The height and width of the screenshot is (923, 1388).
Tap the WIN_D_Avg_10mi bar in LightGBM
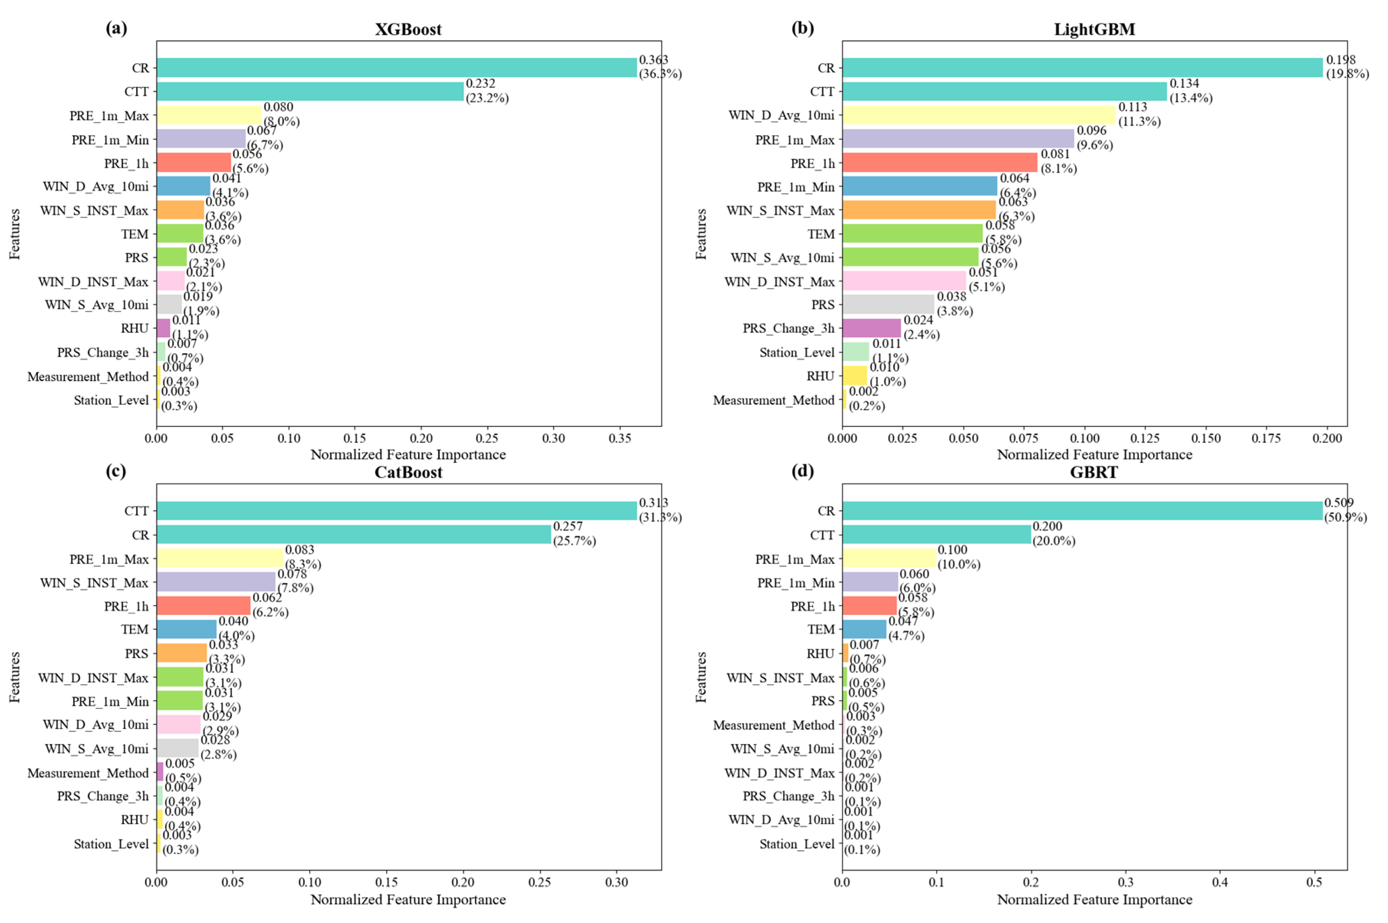coord(978,115)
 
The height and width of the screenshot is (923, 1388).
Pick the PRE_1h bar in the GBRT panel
coord(869,606)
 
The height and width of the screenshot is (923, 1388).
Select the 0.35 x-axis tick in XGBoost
coord(619,439)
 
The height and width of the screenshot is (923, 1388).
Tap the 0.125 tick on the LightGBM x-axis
coord(1145,439)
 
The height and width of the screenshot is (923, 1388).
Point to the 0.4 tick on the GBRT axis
coord(1220,882)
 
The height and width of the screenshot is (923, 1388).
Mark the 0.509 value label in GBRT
coord(1339,503)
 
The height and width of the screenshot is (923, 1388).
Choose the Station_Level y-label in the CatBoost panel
coord(111,844)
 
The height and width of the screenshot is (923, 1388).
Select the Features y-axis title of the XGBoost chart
coord(15,234)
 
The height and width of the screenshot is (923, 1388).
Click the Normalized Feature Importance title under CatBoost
coord(408,900)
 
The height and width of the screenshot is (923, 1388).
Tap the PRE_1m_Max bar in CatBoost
coord(219,558)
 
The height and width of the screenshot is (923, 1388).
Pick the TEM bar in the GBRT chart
coord(863,629)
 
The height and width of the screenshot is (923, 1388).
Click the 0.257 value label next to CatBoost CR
coord(568,526)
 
